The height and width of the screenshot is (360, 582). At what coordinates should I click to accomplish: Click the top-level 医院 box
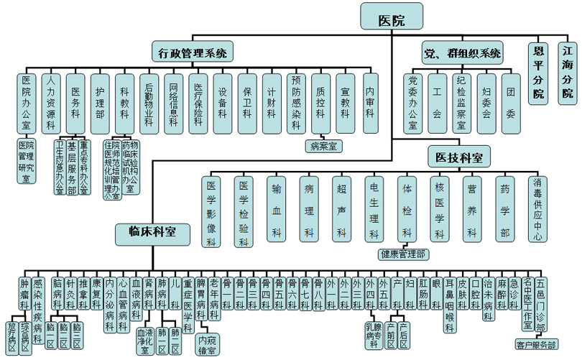point(391,19)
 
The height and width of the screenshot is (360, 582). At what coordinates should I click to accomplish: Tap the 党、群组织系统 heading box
point(461,52)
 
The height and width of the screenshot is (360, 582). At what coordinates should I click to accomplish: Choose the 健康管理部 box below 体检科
point(402,254)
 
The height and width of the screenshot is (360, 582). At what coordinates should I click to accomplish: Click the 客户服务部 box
point(537,345)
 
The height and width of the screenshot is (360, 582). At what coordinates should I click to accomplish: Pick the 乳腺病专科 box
point(372,335)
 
